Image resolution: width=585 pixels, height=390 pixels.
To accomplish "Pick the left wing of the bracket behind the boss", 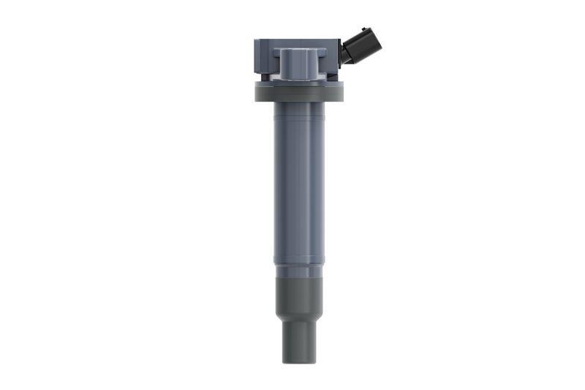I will point(273,62).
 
